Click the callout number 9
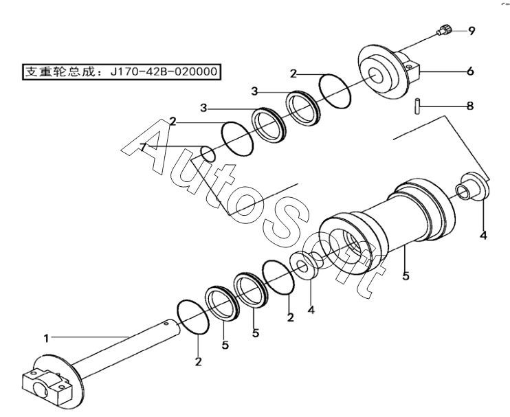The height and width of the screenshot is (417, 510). [x=472, y=30]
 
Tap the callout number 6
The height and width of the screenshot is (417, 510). [x=471, y=70]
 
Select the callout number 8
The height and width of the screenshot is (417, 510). [x=470, y=106]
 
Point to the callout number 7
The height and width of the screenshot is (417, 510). [x=143, y=146]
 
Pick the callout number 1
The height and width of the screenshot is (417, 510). [x=47, y=338]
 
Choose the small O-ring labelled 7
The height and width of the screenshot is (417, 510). [x=207, y=154]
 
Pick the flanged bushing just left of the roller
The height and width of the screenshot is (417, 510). [x=307, y=264]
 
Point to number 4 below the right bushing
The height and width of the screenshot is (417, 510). [x=483, y=236]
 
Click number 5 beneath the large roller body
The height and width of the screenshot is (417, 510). [x=406, y=276]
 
